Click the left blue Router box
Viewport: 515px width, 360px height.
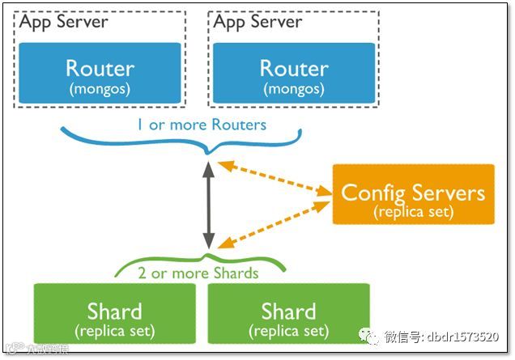(x=100, y=73)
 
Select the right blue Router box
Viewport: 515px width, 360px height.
(x=294, y=73)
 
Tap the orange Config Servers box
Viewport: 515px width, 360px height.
(x=413, y=194)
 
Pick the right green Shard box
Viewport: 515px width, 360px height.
(x=288, y=316)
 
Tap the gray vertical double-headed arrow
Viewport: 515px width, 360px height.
(x=208, y=205)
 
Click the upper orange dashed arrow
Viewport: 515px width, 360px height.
(x=275, y=179)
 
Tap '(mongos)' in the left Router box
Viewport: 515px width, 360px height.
(x=100, y=87)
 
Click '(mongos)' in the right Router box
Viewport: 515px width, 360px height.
(x=294, y=87)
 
